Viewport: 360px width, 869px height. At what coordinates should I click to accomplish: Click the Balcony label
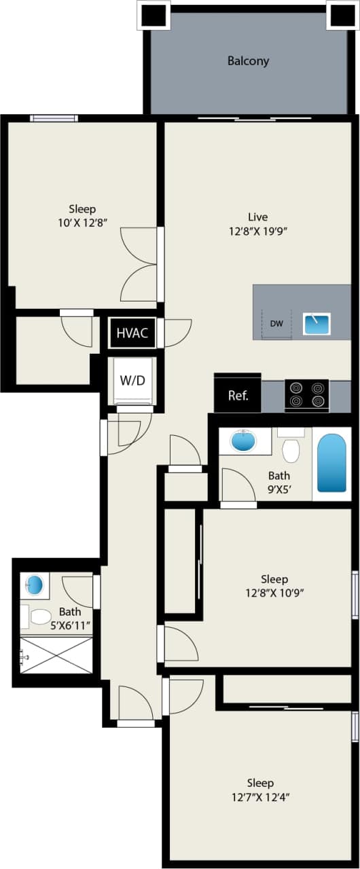248,61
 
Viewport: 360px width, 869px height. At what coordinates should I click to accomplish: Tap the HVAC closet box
132,333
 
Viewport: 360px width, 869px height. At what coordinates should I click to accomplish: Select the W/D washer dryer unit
132,381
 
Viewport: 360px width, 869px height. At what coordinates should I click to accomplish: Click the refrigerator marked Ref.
238,394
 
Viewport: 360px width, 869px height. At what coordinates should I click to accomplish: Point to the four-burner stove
306,394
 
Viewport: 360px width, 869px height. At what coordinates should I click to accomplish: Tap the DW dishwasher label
276,324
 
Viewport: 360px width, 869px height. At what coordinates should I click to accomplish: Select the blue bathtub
331,464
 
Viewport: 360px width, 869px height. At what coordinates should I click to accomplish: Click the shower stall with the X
56,654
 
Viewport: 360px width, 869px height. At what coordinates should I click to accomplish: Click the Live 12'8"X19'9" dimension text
257,231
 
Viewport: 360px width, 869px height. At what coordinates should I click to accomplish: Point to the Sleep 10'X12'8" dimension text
82,222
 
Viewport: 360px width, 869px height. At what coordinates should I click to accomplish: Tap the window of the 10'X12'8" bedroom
54,118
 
